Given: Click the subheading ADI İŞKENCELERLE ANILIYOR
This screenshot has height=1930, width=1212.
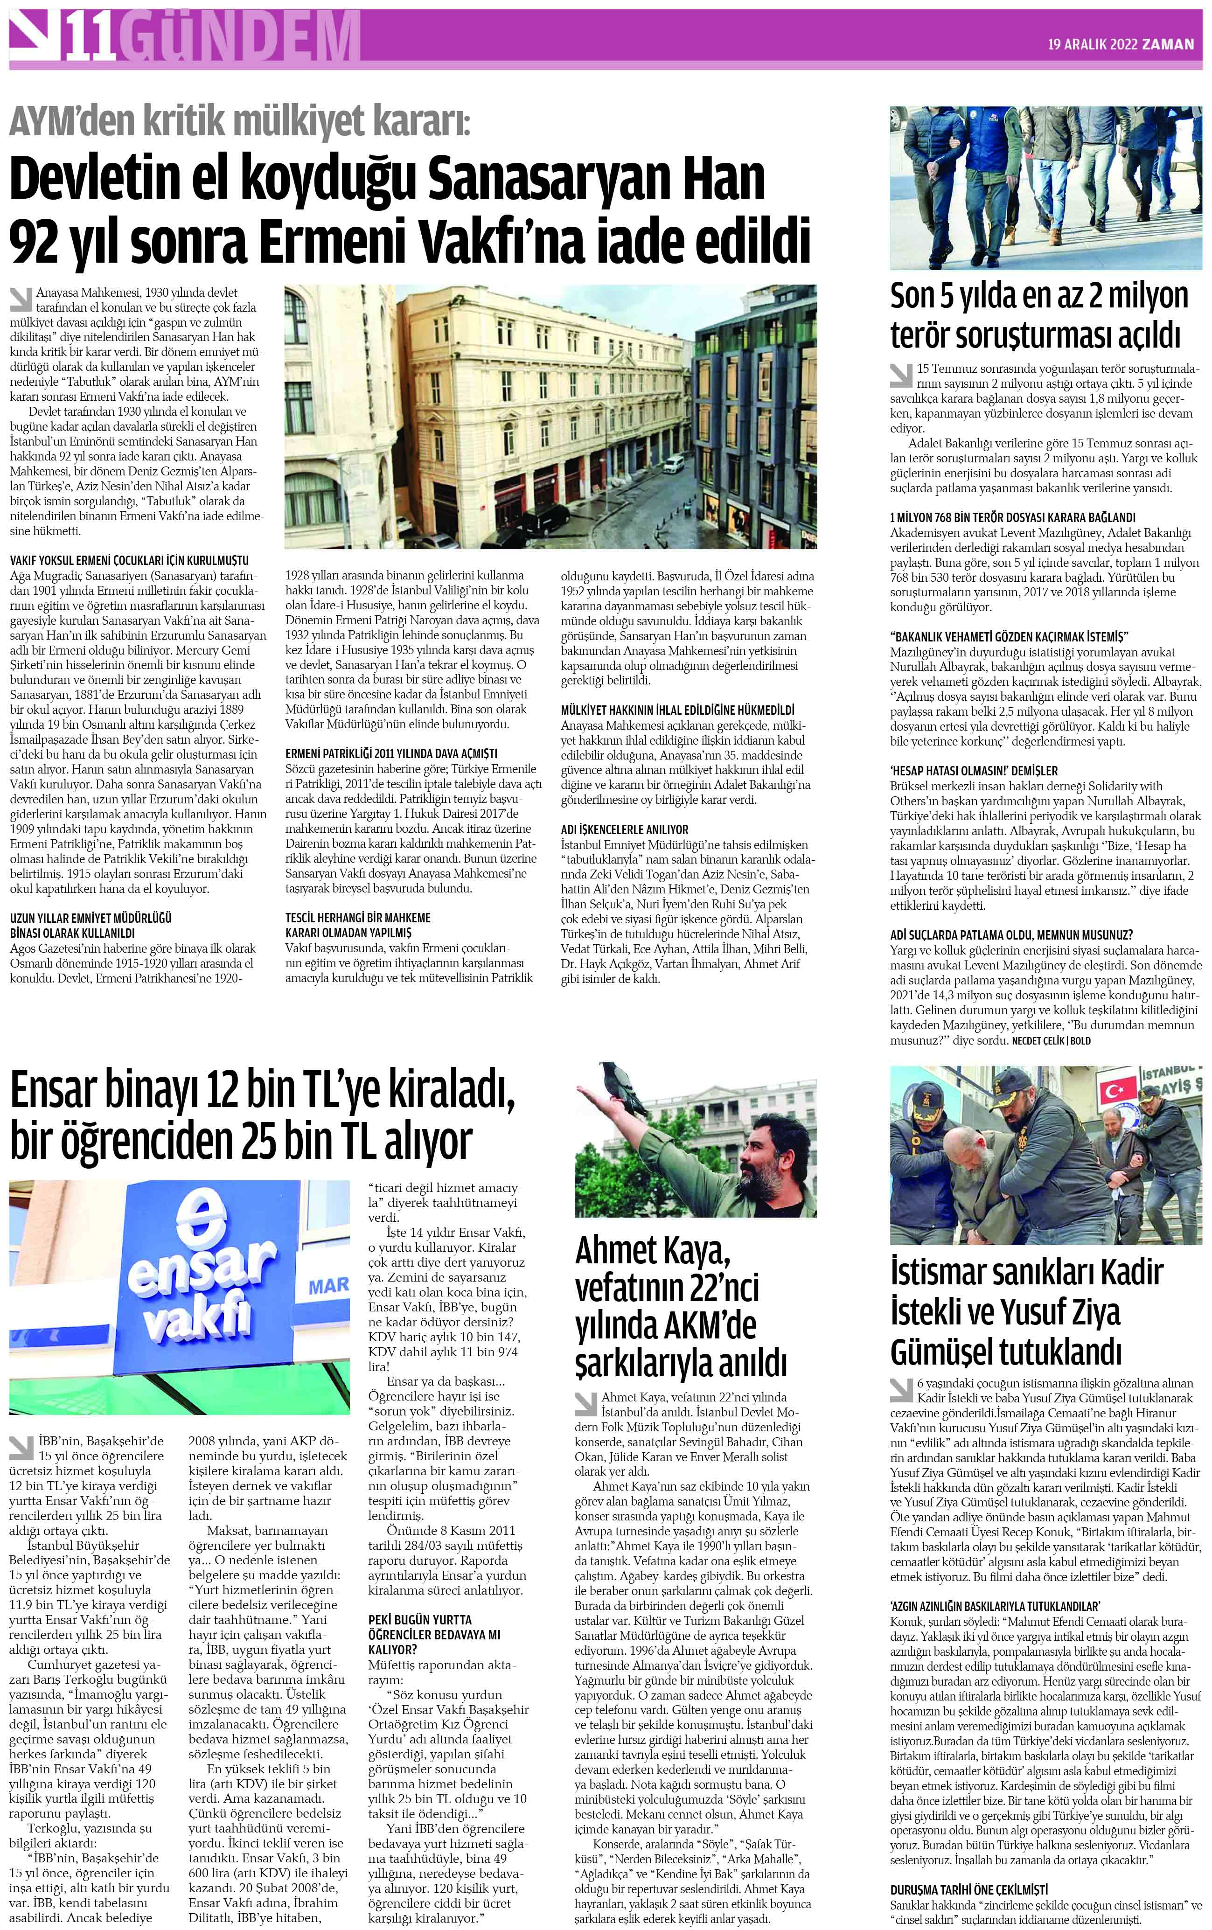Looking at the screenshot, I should (624, 829).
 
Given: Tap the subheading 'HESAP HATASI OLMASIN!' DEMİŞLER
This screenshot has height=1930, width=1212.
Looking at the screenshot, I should (973, 770).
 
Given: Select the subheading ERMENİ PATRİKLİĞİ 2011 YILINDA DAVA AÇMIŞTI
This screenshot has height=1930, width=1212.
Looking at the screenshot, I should (391, 753).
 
